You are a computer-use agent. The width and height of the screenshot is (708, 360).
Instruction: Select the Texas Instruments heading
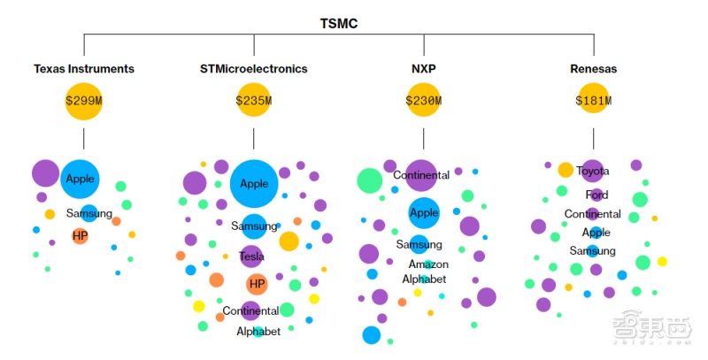[84, 68]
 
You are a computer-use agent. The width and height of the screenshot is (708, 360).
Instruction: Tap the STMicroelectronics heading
[254, 68]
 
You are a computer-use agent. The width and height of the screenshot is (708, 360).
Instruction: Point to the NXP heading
[424, 68]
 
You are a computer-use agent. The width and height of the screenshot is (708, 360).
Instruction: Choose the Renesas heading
[594, 68]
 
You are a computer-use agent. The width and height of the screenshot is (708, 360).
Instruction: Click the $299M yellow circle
[84, 101]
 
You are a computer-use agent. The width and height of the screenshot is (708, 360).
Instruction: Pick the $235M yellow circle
[254, 101]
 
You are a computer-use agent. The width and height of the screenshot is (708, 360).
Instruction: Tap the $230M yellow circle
[424, 101]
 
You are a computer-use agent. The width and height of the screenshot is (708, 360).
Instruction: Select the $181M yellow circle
[594, 101]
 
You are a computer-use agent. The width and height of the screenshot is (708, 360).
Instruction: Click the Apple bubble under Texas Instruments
[81, 179]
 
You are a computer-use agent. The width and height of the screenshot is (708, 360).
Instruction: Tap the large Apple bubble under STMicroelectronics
[255, 184]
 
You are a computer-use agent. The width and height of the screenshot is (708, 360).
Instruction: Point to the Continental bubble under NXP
[422, 175]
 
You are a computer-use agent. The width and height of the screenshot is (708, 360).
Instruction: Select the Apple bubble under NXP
[424, 213]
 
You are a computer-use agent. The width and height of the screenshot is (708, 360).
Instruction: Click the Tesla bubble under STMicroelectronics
[252, 257]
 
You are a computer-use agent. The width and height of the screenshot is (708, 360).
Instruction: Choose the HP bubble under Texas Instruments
[80, 236]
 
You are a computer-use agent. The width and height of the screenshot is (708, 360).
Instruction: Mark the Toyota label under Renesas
[593, 171]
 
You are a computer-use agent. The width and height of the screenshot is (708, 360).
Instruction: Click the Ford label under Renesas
[596, 195]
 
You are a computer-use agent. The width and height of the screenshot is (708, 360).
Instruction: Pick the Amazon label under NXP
[428, 264]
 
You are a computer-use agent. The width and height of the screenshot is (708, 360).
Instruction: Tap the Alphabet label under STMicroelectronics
[258, 332]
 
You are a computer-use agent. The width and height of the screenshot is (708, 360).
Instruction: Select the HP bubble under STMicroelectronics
[257, 284]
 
